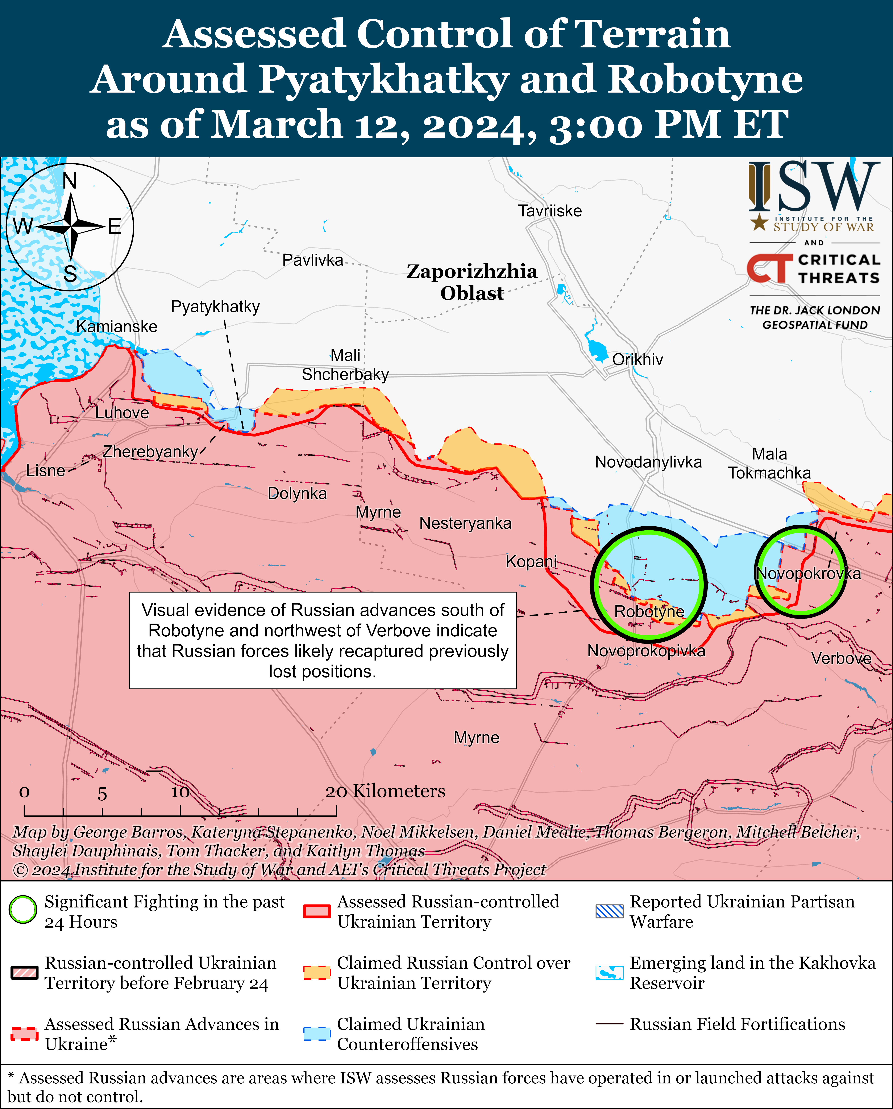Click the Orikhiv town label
click(x=637, y=359)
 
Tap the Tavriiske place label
click(x=550, y=211)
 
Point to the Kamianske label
click(x=117, y=327)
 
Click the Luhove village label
click(x=122, y=413)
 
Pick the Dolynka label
click(x=297, y=494)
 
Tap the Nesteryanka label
click(x=465, y=524)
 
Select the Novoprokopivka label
click(x=646, y=651)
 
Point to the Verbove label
click(x=841, y=658)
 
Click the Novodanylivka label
click(x=648, y=462)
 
